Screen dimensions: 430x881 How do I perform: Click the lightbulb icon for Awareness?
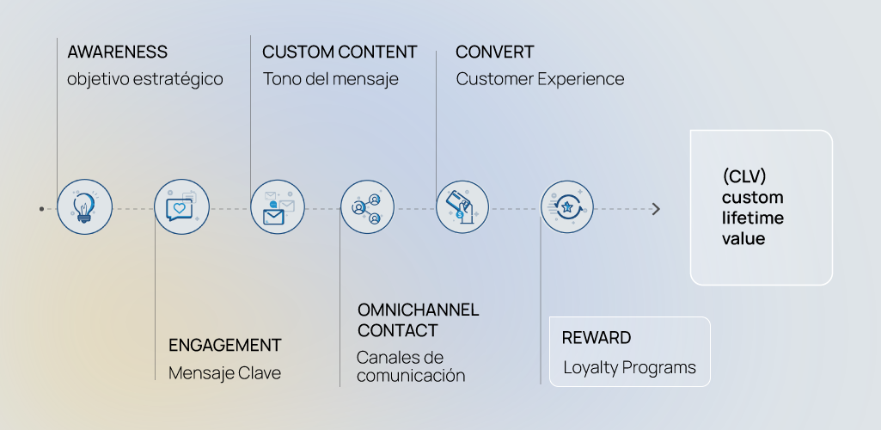(x=84, y=207)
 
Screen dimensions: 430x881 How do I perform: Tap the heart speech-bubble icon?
(x=181, y=207)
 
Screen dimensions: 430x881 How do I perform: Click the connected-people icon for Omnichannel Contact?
(x=367, y=207)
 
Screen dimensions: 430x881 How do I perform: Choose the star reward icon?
(x=566, y=207)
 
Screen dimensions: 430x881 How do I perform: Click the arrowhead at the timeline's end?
(x=657, y=209)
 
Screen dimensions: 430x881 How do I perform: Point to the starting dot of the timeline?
(x=41, y=208)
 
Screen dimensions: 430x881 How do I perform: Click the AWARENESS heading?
(x=117, y=52)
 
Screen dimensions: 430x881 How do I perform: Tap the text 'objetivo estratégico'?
(x=144, y=79)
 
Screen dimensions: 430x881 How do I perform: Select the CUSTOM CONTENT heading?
(x=340, y=52)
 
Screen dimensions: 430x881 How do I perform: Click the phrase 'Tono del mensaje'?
(x=330, y=79)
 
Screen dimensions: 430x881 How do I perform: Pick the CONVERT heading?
(x=494, y=52)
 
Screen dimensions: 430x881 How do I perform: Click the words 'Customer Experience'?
(x=540, y=79)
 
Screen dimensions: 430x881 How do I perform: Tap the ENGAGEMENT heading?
(x=224, y=346)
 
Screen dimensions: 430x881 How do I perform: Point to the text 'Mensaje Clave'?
(x=224, y=373)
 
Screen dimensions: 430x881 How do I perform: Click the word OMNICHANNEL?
(x=418, y=310)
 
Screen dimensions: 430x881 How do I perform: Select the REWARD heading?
(x=596, y=338)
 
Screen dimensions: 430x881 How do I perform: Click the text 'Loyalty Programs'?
(x=629, y=368)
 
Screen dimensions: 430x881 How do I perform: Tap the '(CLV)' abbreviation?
(x=744, y=177)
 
